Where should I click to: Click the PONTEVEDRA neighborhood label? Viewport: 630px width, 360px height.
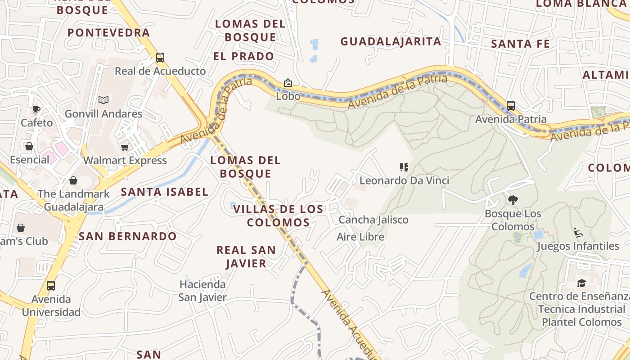point(108,32)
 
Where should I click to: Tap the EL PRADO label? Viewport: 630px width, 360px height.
point(243,56)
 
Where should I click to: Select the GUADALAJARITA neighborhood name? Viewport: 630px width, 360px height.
point(391,41)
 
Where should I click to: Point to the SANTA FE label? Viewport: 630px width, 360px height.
point(520,44)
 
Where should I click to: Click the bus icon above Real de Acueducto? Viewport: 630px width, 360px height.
point(160,58)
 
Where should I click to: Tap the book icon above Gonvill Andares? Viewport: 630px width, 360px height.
point(103,100)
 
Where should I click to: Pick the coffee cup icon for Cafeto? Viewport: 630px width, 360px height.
point(36,109)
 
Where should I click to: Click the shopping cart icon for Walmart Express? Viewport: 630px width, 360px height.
point(125,147)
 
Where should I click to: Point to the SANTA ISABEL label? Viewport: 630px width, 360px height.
point(165,192)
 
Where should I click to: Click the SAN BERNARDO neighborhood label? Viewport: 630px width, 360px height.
point(128,236)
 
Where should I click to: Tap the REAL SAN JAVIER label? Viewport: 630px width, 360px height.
point(246,256)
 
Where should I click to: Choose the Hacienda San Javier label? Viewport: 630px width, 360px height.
point(202,291)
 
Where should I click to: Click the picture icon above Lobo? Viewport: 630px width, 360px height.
point(288,83)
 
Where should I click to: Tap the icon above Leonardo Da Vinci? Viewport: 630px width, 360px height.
point(404,167)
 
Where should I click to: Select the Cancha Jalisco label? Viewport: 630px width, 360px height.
point(373,220)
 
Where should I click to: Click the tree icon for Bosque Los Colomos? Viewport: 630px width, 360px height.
point(513,200)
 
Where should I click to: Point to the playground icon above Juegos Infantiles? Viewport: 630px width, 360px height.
point(578,233)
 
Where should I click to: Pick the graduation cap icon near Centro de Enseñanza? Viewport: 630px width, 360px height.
point(581,283)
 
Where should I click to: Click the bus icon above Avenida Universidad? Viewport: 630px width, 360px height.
point(51,286)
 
